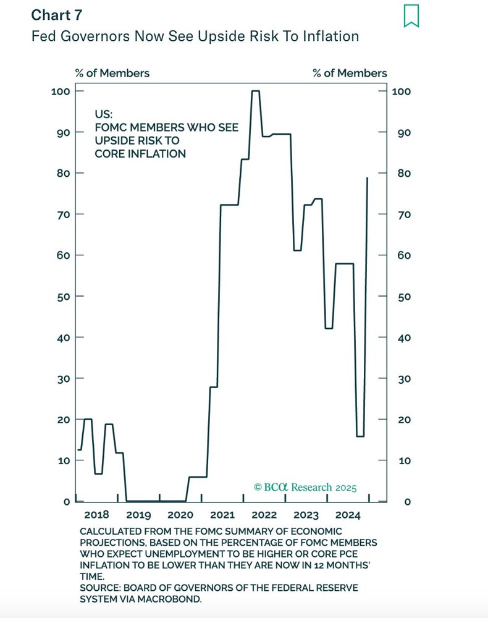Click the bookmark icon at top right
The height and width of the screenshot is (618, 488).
tap(411, 16)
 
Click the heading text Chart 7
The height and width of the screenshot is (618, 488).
tap(57, 15)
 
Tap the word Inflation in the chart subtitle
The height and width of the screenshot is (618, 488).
tap(332, 36)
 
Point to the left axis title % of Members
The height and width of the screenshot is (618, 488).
tap(112, 73)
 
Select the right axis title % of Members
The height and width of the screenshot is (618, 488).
tap(350, 73)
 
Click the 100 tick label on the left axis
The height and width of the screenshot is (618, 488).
tap(60, 91)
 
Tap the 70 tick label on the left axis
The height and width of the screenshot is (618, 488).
tap(62, 214)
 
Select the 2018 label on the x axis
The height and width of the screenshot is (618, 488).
tap(96, 515)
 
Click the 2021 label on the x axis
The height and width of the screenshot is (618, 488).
tap(222, 515)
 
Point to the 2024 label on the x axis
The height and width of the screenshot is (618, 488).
tap(348, 515)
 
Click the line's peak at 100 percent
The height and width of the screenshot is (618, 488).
tap(255, 91)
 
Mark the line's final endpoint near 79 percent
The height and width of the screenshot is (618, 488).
tap(368, 178)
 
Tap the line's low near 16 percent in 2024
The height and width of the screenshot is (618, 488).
tap(360, 436)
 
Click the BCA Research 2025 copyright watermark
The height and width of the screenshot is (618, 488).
tap(305, 487)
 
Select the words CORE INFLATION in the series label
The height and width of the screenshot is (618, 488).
tap(140, 154)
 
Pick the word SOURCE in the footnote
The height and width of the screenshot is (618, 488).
tap(99, 587)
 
